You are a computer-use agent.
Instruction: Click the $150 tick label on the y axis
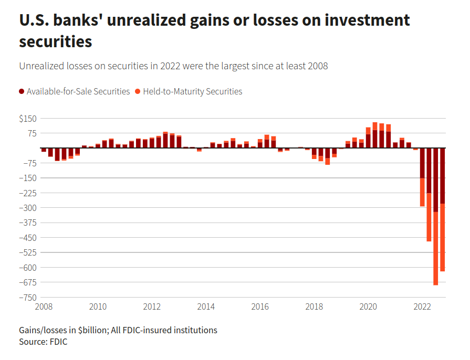click(x=28, y=119)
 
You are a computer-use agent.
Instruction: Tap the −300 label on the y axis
click(x=27, y=208)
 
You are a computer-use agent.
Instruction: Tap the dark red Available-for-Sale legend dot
click(x=22, y=92)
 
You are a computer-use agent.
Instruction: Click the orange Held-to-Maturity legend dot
click(x=138, y=92)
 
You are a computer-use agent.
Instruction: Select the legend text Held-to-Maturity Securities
click(x=192, y=92)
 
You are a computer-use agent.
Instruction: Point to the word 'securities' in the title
click(x=56, y=41)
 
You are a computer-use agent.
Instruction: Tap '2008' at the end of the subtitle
click(x=317, y=66)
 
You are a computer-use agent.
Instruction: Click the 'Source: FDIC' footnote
click(x=44, y=342)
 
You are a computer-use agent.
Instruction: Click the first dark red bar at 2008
click(x=44, y=150)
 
